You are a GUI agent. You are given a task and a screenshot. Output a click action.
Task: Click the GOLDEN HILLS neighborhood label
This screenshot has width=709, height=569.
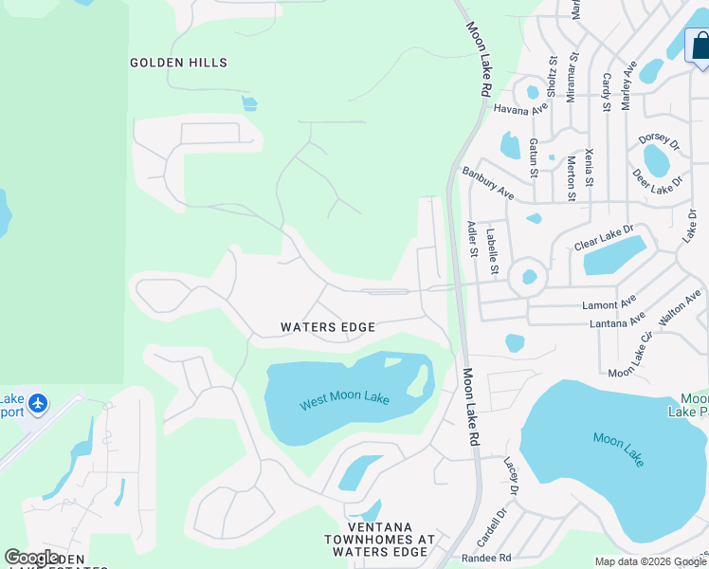(178, 63)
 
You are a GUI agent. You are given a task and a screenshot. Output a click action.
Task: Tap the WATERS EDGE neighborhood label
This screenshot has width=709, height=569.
(328, 327)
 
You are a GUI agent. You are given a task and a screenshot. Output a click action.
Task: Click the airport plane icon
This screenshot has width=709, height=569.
(38, 404)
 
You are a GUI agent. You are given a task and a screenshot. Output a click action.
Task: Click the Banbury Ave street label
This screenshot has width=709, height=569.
(488, 183)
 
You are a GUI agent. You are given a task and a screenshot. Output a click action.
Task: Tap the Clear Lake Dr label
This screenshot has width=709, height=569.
(602, 238)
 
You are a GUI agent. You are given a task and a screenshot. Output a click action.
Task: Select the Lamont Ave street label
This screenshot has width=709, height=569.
(609, 305)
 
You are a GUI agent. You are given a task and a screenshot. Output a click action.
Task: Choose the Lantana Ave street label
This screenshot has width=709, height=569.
(615, 321)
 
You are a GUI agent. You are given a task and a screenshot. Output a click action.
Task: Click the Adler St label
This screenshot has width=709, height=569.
(472, 239)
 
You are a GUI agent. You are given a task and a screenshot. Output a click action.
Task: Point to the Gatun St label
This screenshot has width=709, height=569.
(534, 157)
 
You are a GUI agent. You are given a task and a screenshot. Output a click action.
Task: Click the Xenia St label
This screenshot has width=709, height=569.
(590, 167)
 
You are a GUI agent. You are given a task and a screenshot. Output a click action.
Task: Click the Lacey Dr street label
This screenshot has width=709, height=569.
(511, 475)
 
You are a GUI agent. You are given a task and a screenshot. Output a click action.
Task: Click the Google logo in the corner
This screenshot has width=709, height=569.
(32, 558)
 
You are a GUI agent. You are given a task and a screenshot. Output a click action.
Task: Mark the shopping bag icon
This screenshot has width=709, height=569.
(700, 46)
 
